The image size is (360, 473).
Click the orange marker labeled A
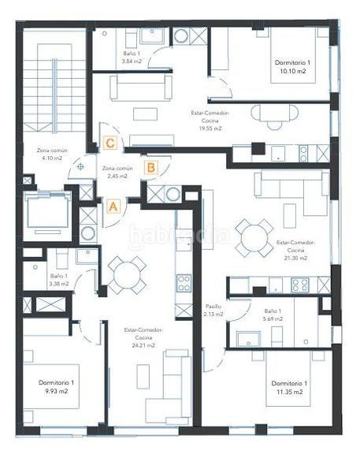tap(113, 206)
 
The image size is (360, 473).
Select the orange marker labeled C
tap(111, 143)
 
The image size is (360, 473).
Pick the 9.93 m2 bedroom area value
tap(56, 390)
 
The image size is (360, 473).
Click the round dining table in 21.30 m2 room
tap(254, 236)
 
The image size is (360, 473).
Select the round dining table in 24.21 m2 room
tap(126, 274)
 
